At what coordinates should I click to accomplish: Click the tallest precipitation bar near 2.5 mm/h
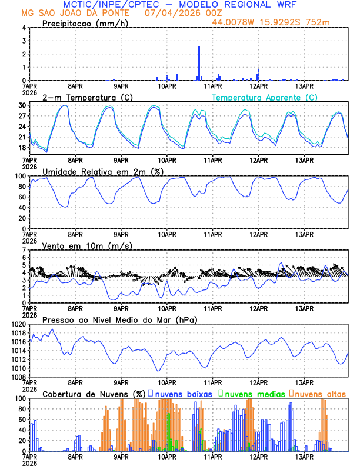[199, 63]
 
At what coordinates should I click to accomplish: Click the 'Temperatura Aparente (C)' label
[265, 97]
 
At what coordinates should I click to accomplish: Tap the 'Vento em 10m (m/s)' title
[88, 245]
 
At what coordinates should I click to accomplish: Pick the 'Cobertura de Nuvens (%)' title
[94, 393]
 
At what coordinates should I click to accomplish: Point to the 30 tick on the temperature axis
[22, 105]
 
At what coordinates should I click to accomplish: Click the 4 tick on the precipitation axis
[24, 28]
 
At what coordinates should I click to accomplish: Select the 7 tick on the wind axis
[24, 250]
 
